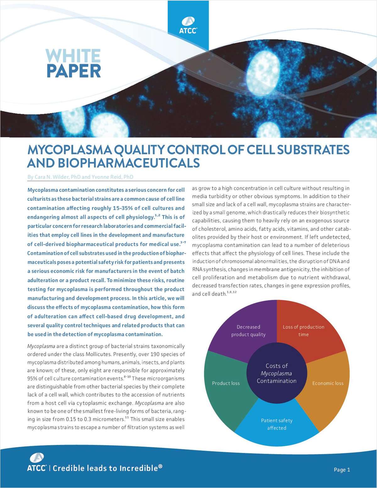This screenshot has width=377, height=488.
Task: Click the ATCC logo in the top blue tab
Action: (x=188, y=25)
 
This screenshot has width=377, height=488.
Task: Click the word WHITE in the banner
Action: (x=73, y=56)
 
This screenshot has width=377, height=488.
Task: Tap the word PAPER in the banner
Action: (x=74, y=71)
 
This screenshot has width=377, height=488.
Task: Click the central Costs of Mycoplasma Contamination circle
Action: (x=276, y=373)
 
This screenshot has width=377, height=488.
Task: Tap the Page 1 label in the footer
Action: (x=342, y=469)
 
